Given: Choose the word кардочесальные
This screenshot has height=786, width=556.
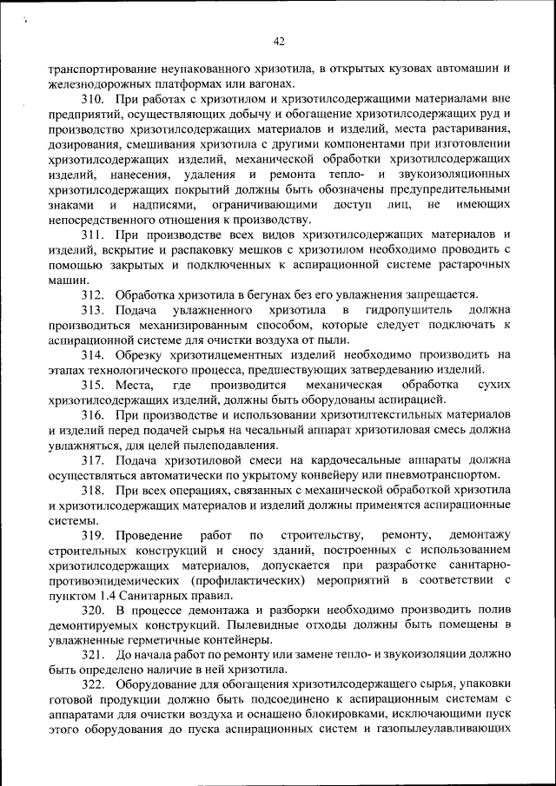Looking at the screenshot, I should point(343,460).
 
